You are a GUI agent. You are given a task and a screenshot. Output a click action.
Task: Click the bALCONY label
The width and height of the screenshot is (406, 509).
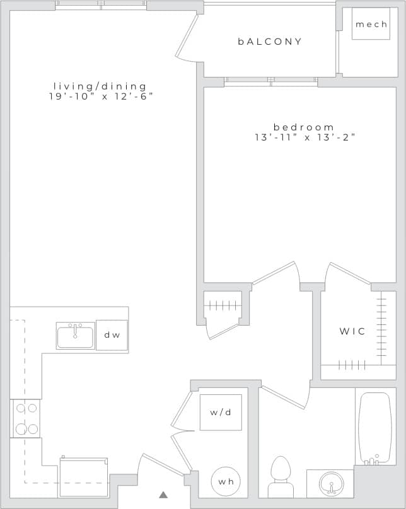point(270,42)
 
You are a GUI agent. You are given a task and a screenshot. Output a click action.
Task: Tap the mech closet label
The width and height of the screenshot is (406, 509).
point(371,25)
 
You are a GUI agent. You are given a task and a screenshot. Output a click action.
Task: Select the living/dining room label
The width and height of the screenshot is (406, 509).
point(100,86)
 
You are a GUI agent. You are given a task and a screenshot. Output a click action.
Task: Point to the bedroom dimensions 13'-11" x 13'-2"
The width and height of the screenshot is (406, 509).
point(305,137)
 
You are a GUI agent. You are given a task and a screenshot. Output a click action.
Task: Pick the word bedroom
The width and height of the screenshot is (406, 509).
point(304,127)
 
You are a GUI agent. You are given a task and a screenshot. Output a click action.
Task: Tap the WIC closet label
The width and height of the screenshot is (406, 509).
point(352,331)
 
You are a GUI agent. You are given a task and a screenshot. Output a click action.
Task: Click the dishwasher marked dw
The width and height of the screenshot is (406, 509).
point(112,335)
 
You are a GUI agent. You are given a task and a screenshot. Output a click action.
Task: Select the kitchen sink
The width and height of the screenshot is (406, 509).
point(75,336)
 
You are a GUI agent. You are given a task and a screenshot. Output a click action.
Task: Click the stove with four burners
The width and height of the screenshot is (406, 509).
point(26,418)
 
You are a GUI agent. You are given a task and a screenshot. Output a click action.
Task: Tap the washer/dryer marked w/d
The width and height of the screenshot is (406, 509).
point(221,413)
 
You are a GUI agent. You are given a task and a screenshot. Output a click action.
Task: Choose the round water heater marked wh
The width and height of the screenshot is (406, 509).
point(226,481)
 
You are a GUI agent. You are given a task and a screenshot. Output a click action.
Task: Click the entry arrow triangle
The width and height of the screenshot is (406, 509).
point(163,495)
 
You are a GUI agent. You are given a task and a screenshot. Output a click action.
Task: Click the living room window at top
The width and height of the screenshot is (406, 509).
point(101,4)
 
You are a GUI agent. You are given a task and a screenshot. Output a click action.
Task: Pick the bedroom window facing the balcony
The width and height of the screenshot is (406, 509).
point(271,81)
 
